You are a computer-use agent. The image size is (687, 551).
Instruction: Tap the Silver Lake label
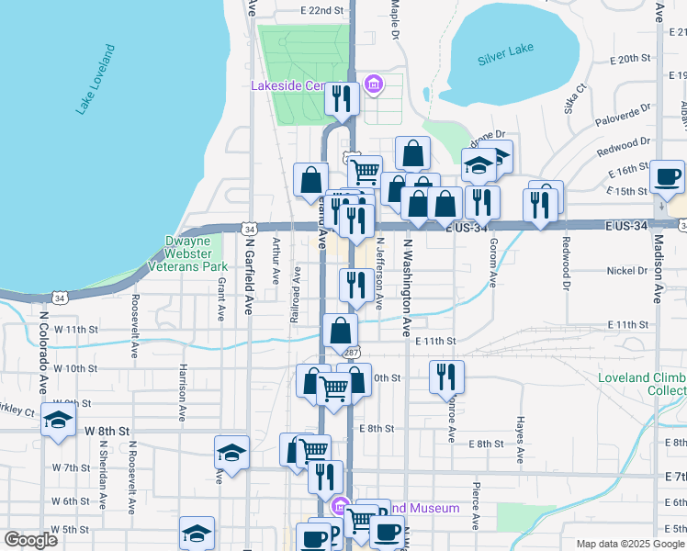click(505, 59)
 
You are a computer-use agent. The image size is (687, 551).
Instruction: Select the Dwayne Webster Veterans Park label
click(195, 253)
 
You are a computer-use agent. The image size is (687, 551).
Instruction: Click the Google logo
click(30, 540)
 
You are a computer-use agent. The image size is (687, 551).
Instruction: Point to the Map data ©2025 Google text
click(628, 544)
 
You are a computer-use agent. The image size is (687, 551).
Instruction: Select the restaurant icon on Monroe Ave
click(446, 377)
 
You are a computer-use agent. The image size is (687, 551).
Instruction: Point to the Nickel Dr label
click(627, 271)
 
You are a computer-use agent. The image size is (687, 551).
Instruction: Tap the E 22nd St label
click(321, 10)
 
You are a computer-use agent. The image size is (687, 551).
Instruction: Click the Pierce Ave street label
click(477, 504)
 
